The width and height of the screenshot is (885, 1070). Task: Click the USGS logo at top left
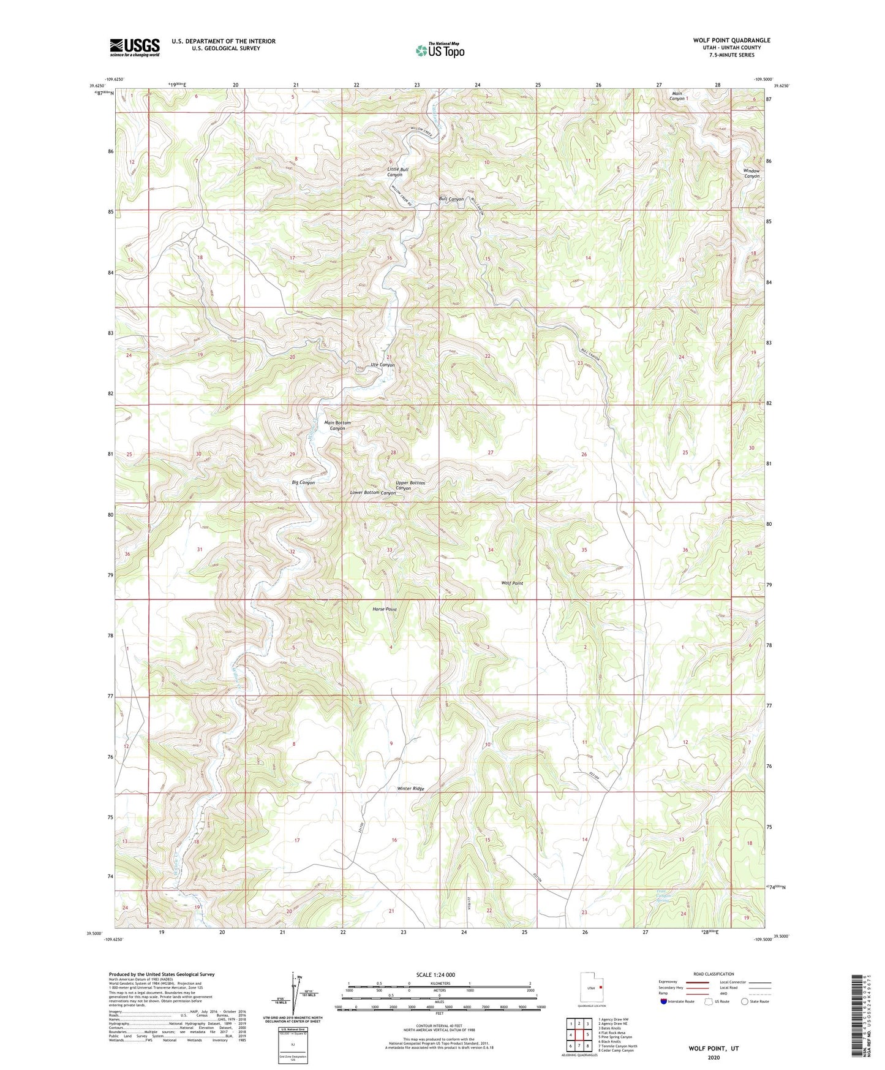click(134, 47)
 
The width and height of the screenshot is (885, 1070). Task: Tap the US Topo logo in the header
click(440, 50)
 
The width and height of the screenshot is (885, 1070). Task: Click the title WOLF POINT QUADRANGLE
click(731, 40)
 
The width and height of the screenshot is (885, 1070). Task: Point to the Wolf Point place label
click(512, 583)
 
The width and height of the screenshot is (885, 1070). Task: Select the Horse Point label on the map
click(385, 609)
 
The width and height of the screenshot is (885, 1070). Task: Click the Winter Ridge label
click(410, 788)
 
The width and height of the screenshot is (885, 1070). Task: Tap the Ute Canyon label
click(383, 365)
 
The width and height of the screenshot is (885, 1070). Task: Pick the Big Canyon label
click(303, 483)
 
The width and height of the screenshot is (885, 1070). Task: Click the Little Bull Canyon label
click(397, 172)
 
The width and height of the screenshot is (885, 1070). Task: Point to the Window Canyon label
click(751, 173)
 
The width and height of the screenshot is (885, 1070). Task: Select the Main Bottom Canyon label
click(337, 425)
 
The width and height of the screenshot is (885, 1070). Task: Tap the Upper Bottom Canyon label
click(410, 485)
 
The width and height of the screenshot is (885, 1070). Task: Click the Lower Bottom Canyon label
click(372, 493)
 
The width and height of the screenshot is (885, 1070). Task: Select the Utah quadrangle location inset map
click(592, 988)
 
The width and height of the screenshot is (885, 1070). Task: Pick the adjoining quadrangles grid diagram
click(579, 1035)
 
